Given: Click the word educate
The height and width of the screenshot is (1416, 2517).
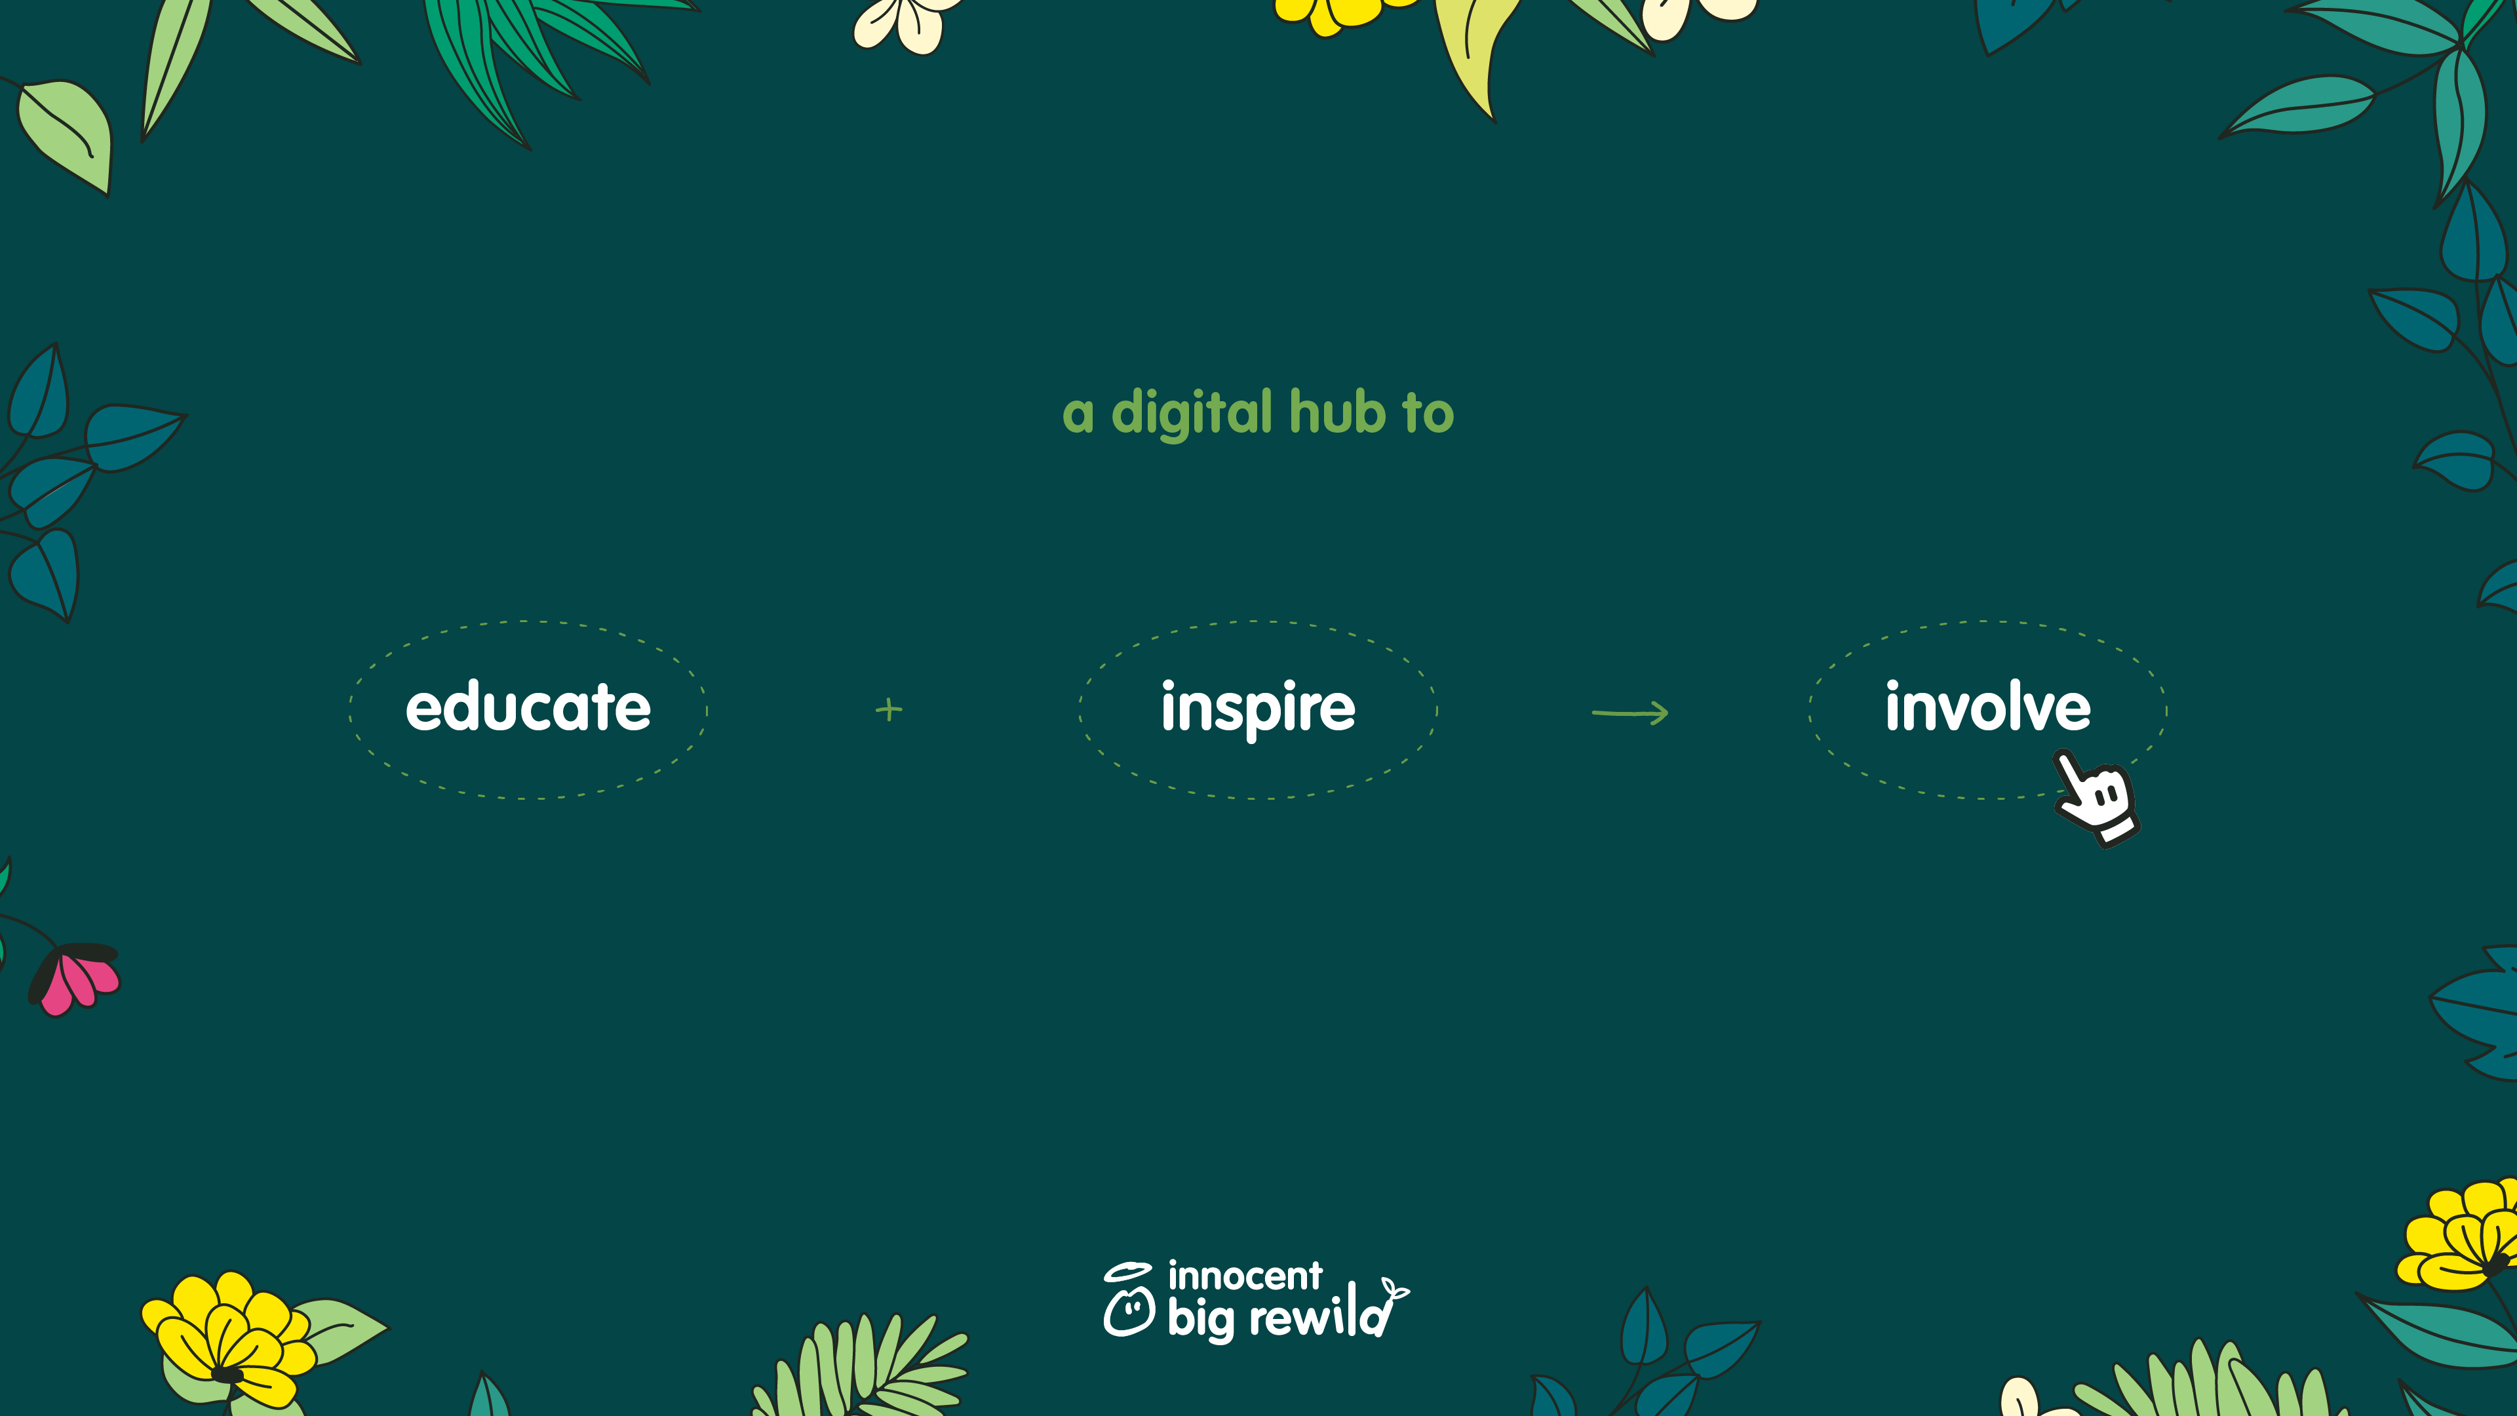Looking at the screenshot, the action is [x=528, y=707].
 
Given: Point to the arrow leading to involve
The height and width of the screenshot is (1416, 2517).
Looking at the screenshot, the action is [x=1629, y=713].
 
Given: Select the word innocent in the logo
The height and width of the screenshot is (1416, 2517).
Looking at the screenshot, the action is [x=1245, y=1275].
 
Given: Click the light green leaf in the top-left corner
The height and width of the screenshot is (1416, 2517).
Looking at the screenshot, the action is [x=66, y=134].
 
